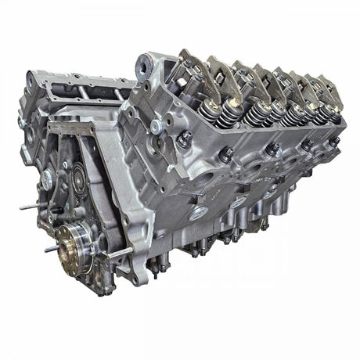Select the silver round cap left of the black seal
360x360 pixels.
[49, 178]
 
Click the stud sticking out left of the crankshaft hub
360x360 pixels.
[49, 249]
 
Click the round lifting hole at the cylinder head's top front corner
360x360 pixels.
[144, 62]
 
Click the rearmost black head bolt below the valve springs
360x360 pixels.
[335, 142]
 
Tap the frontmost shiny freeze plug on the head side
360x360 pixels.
[200, 212]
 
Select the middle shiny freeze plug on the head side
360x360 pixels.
[238, 202]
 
